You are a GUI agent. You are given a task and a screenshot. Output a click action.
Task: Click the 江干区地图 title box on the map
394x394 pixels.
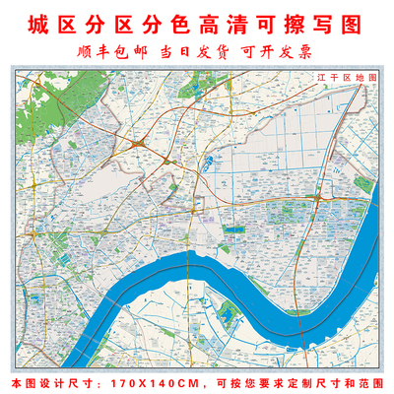[x=338, y=76]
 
